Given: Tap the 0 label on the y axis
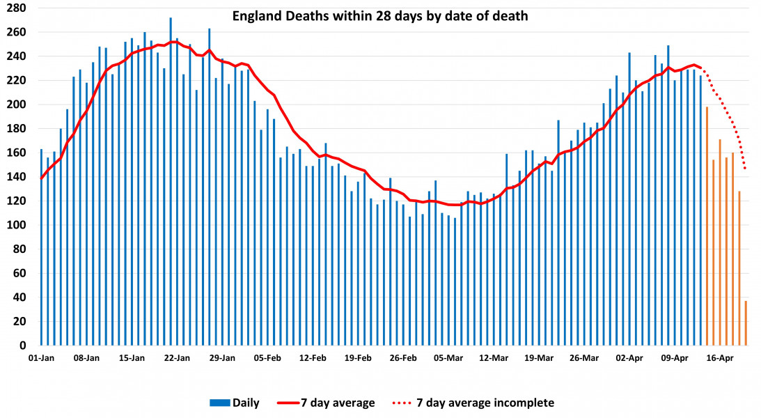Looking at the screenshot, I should pos(23,346).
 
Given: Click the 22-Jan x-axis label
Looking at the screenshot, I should pos(177,358).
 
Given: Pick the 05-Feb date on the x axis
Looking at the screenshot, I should pos(267,358).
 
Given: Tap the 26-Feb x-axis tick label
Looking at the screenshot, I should pos(403,358).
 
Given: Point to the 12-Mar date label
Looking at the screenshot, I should pos(494,358).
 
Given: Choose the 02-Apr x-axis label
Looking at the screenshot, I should pos(630,358).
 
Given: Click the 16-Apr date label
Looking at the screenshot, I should pos(720,358).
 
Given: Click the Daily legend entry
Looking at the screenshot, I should pos(246,403).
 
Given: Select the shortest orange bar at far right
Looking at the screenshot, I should pos(746,323).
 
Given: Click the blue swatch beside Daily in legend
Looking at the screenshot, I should pos(219,403).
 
